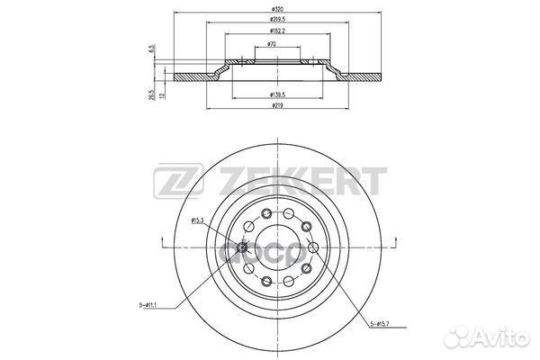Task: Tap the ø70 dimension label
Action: pyautogui.click(x=271, y=42)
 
